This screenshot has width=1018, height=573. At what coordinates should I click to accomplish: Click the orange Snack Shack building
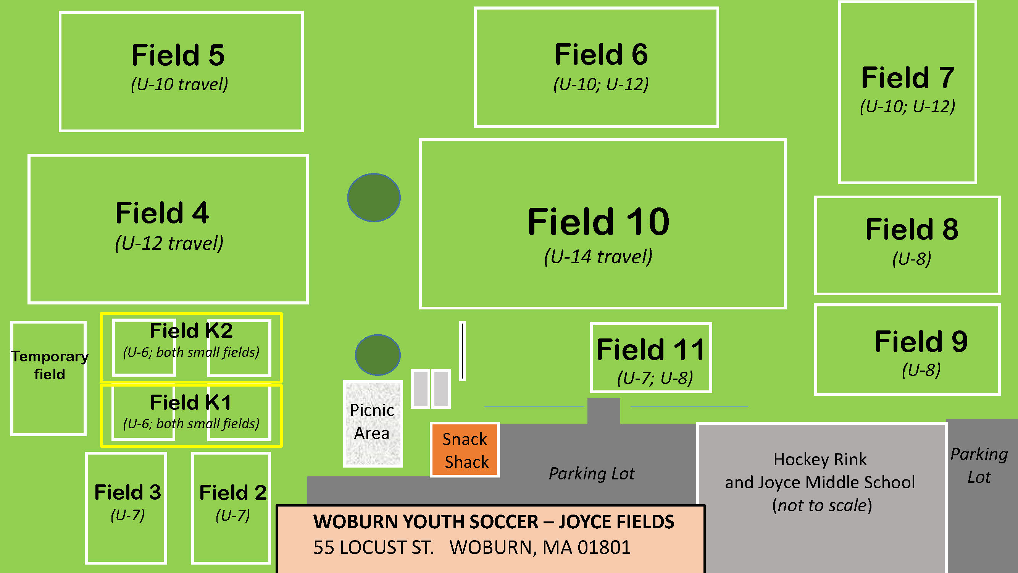(x=465, y=450)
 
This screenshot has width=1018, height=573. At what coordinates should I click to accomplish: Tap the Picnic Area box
(x=373, y=424)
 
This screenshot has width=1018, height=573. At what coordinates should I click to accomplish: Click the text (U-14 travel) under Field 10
(x=598, y=257)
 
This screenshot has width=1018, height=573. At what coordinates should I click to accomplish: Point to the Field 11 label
(x=650, y=350)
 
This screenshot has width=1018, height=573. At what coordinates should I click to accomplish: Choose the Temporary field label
(x=50, y=365)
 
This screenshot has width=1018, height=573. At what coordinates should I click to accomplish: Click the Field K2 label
(x=191, y=330)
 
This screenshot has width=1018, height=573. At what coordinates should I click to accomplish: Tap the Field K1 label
(x=191, y=403)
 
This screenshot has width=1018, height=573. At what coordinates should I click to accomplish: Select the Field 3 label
(x=127, y=492)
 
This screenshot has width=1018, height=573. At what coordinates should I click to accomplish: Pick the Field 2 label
(x=233, y=493)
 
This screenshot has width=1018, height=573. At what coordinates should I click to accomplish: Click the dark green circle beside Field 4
(x=374, y=197)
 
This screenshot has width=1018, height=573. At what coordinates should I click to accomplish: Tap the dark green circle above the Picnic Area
(x=378, y=355)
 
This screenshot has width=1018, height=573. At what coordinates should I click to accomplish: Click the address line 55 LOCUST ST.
(x=374, y=547)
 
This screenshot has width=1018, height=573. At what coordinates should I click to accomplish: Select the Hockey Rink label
(x=820, y=460)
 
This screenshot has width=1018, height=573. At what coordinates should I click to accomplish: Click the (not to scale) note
(x=822, y=505)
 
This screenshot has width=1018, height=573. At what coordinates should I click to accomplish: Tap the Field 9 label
(x=921, y=341)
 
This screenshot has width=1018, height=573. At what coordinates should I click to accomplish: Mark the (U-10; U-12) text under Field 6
(x=601, y=84)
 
